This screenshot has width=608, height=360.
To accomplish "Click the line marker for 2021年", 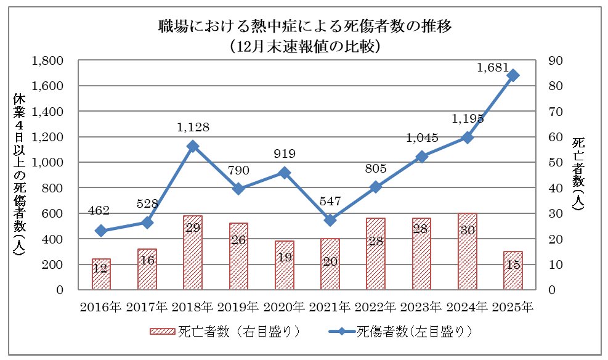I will [330, 220].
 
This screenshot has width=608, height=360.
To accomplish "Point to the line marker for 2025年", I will [513, 75].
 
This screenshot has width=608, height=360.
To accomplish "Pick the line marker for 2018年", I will [193, 146].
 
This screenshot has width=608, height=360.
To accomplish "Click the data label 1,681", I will [492, 66].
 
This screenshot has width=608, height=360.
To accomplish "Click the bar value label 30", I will [467, 238].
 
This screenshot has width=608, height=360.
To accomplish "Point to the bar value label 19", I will [284, 258].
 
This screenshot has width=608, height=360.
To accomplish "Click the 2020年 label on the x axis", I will [284, 306].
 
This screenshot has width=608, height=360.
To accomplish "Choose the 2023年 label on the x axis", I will [421, 306].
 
